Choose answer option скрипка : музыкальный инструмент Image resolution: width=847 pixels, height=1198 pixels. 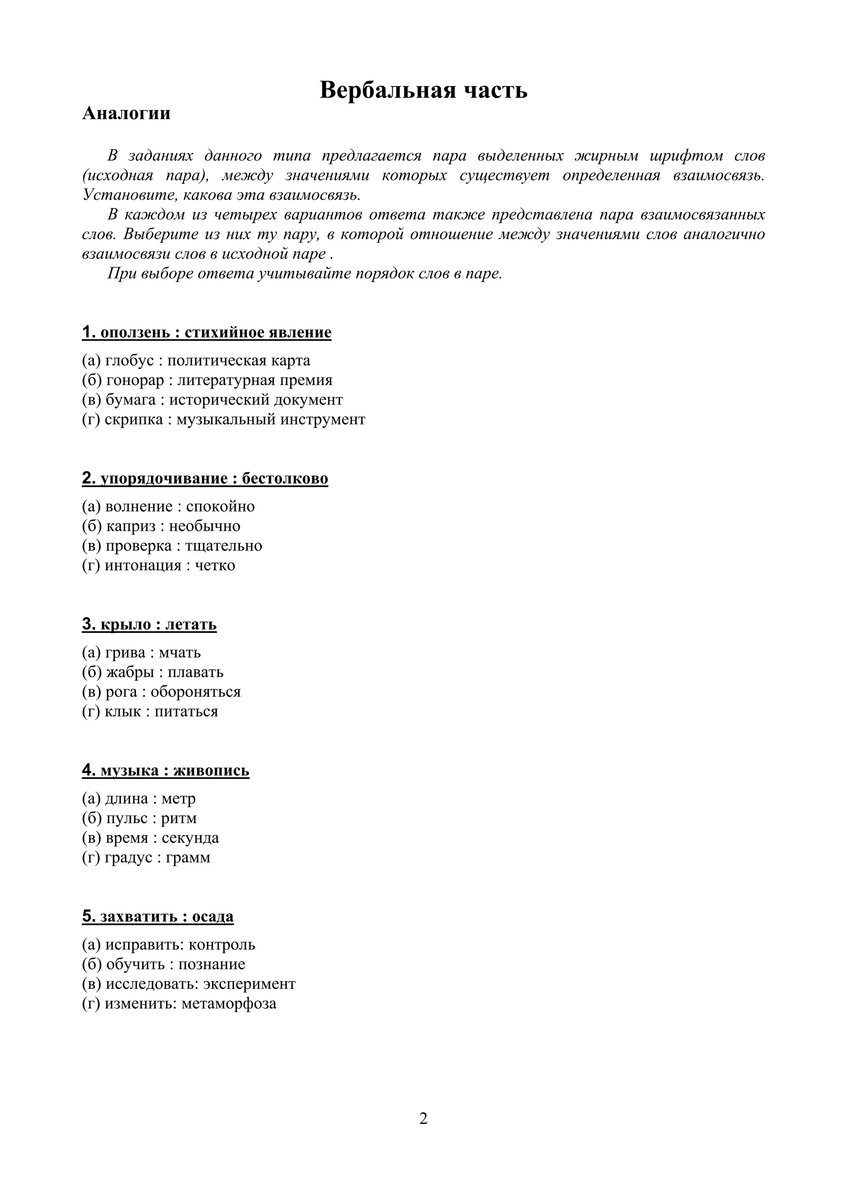tap(223, 420)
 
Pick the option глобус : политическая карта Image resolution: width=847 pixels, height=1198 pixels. tap(196, 360)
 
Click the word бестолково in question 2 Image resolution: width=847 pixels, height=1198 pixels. tap(285, 478)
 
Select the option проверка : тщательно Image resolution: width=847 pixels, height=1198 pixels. tap(172, 546)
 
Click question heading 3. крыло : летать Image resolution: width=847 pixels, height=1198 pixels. tap(149, 625)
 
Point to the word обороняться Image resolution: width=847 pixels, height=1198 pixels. tap(196, 692)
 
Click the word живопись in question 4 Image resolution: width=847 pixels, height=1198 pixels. tap(211, 771)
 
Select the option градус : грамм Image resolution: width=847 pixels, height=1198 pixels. tap(146, 858)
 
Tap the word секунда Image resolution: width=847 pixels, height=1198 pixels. tap(190, 838)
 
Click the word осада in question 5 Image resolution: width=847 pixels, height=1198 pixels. tap(213, 917)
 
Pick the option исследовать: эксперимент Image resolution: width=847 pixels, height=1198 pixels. tap(189, 984)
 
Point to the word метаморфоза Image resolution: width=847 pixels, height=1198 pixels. tap(229, 1004)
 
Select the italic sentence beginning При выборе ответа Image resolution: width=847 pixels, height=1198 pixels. tap(304, 273)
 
